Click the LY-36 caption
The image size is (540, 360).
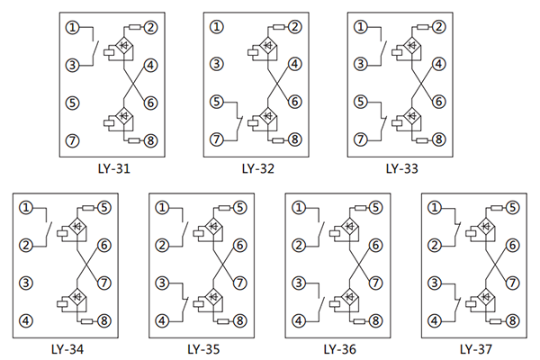click(x=338, y=348)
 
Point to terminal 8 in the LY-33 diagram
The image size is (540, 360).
click(x=438, y=139)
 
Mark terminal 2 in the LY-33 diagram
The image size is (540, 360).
click(x=438, y=27)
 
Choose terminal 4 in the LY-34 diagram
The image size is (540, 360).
click(x=26, y=320)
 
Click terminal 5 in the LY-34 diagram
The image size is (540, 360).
click(x=104, y=208)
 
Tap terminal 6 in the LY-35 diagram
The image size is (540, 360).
click(x=240, y=245)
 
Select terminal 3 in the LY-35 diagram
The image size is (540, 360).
click(x=162, y=283)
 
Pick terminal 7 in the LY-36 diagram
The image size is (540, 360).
click(x=376, y=283)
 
